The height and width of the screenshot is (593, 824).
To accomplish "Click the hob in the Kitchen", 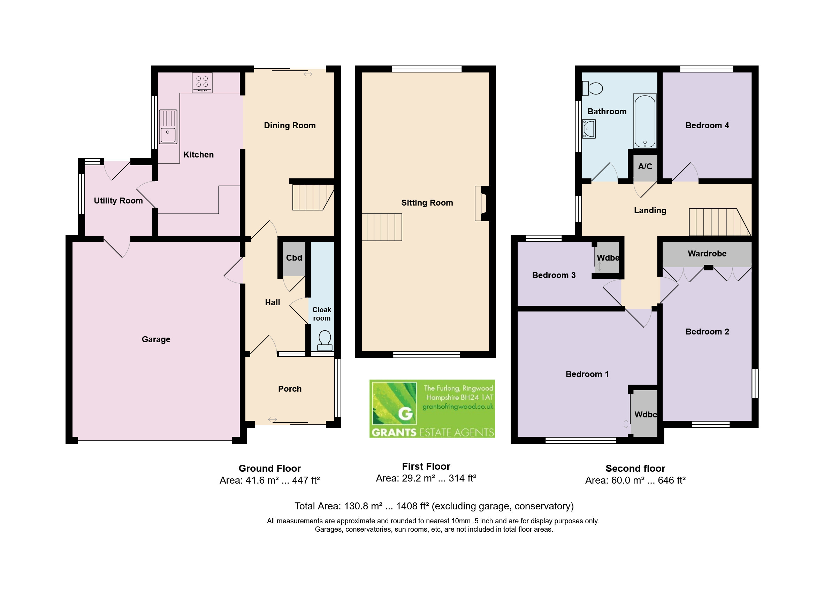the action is (202, 83).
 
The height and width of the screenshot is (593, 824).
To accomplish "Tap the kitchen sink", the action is (168, 127).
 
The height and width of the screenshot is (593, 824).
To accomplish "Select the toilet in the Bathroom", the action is (592, 88).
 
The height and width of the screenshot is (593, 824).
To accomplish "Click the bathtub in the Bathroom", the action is (645, 121).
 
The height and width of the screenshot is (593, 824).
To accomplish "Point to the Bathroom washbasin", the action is (589, 129).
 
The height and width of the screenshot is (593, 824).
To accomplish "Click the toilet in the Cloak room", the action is (325, 341).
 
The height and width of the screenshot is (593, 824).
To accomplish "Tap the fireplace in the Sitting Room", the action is (481, 203).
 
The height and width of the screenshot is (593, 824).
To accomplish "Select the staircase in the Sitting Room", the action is (382, 227).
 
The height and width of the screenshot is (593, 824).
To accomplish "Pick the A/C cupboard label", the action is (645, 166).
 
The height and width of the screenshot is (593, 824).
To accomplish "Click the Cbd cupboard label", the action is (294, 257).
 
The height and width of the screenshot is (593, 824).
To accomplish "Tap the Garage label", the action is (156, 339).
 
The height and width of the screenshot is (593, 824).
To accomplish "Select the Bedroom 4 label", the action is (707, 125).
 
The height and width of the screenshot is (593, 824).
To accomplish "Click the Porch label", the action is (290, 388).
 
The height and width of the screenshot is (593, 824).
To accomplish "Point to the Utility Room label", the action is (118, 200).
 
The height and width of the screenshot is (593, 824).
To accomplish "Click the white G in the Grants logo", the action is (405, 413).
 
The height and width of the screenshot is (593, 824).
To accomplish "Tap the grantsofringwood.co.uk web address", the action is (458, 406).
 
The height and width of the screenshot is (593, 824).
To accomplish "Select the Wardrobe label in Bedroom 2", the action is (707, 253).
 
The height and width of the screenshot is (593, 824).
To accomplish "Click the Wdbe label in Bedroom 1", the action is (646, 414).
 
